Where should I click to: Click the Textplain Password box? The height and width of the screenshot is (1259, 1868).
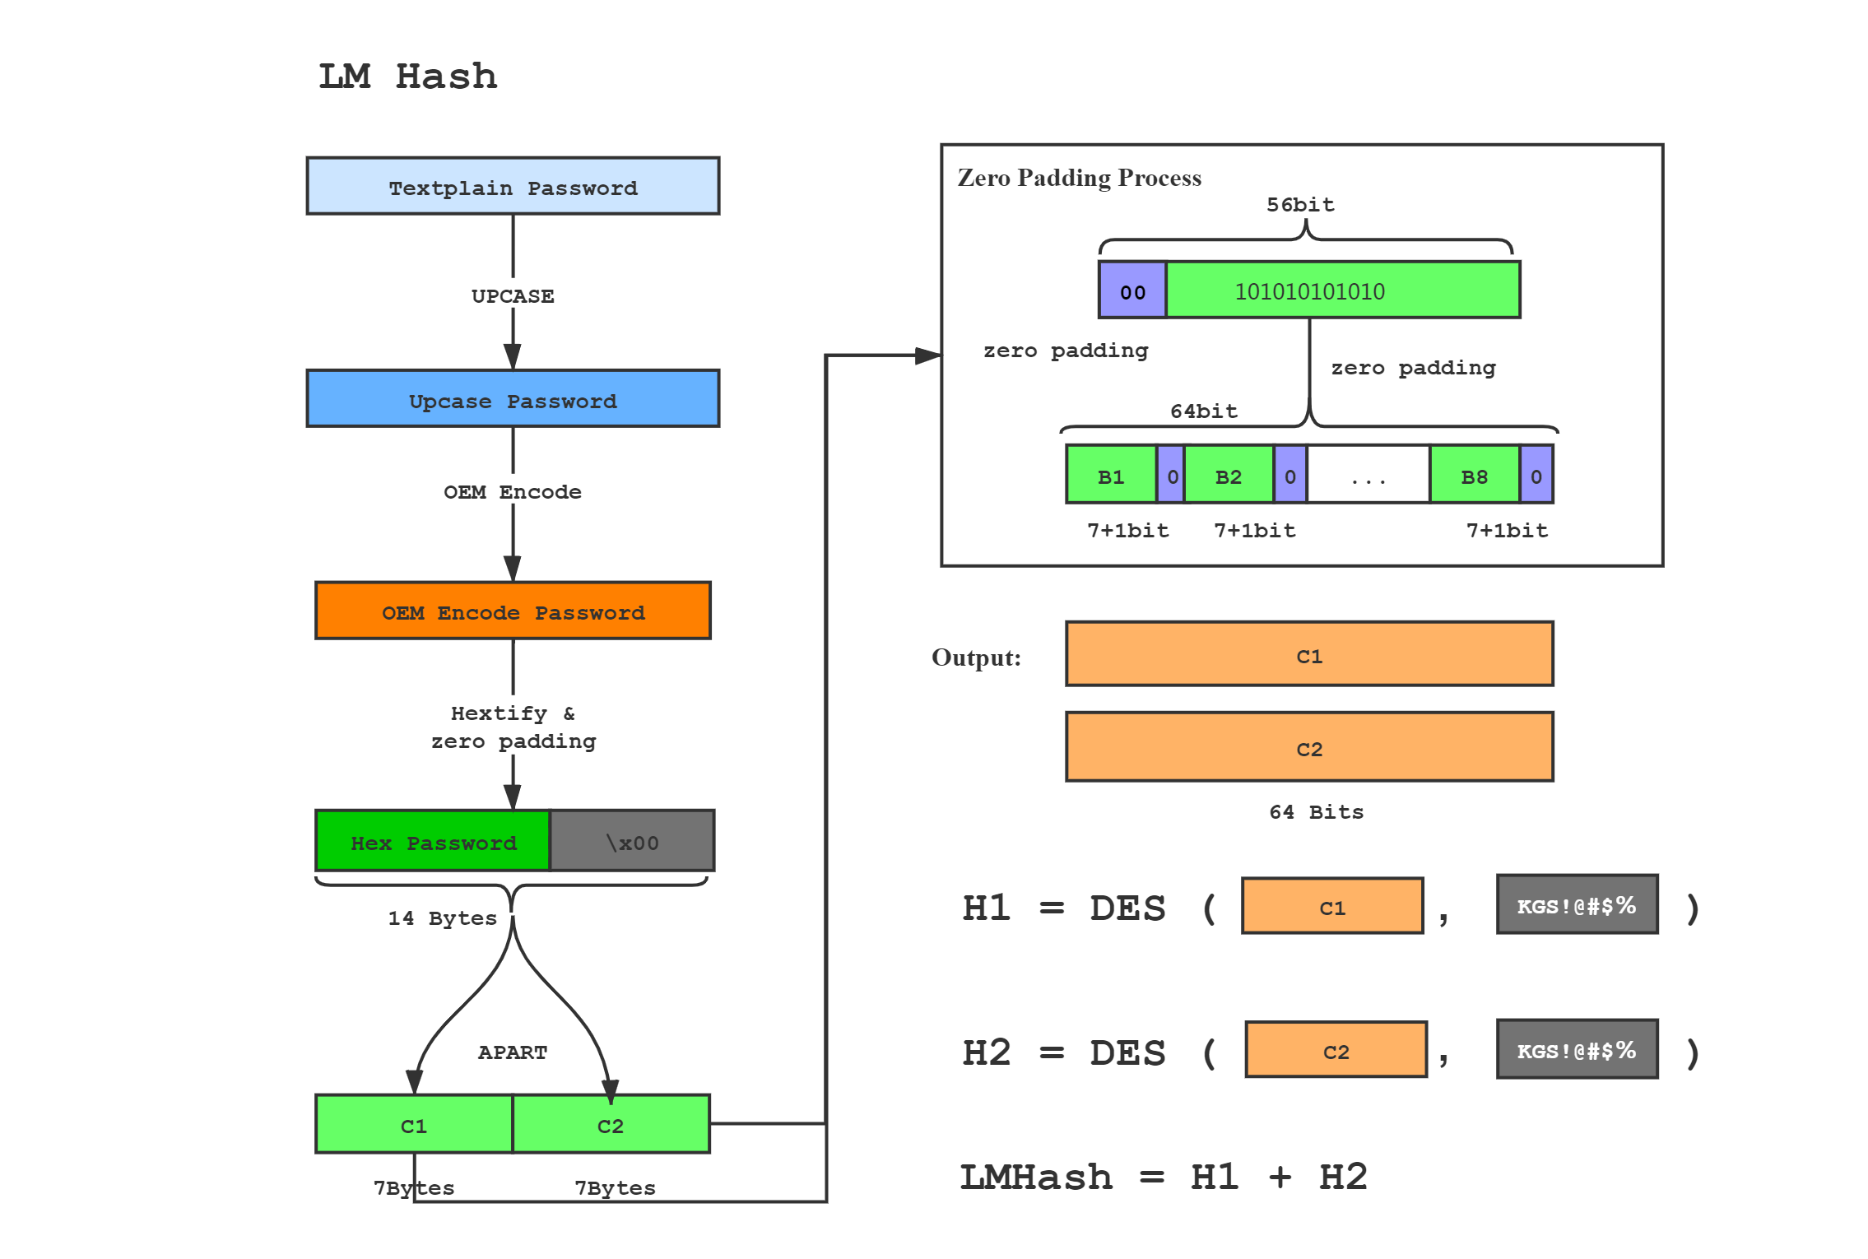pyautogui.click(x=513, y=187)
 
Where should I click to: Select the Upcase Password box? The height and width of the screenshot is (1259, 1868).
pyautogui.click(x=513, y=399)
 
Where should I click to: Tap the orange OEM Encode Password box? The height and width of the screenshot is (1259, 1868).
pyautogui.click(x=513, y=611)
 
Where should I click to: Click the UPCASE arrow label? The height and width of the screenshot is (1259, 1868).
pyautogui.click(x=513, y=295)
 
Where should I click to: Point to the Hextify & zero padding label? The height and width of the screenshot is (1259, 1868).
pyautogui.click(x=513, y=726)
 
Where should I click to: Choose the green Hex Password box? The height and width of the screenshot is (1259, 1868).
pyautogui.click(x=433, y=841)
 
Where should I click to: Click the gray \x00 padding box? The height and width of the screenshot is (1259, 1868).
pyautogui.click(x=632, y=841)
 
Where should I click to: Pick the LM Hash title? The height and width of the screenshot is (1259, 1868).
pyautogui.click(x=407, y=77)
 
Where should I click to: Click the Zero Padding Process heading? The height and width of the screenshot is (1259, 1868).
pyautogui.click(x=1079, y=178)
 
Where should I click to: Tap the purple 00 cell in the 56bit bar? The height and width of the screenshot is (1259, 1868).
pyautogui.click(x=1132, y=290)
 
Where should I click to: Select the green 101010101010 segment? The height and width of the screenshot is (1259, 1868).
pyautogui.click(x=1343, y=290)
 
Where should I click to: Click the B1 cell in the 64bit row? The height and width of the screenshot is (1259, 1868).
pyautogui.click(x=1111, y=476)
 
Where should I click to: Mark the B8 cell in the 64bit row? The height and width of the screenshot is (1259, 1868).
pyautogui.click(x=1475, y=476)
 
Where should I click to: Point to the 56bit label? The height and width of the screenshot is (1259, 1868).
pyautogui.click(x=1300, y=204)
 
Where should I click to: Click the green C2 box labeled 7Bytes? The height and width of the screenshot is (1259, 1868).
pyautogui.click(x=611, y=1125)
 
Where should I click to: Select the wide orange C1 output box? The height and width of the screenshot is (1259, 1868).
pyautogui.click(x=1309, y=655)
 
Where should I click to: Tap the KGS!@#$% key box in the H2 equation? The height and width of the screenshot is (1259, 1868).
pyautogui.click(x=1577, y=1050)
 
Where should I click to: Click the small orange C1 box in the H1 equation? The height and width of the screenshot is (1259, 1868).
pyautogui.click(x=1332, y=907)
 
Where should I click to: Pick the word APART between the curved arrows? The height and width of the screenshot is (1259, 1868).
pyautogui.click(x=512, y=1052)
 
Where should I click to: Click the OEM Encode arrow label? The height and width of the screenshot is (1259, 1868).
pyautogui.click(x=513, y=490)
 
